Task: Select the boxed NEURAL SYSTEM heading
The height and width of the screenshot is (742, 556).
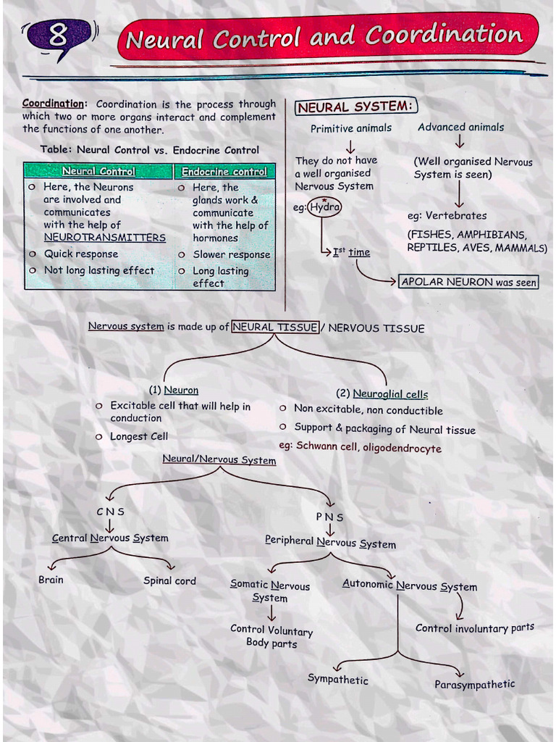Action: click(x=355, y=107)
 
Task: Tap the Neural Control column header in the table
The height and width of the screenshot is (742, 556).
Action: click(x=98, y=172)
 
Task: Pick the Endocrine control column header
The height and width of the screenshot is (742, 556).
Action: click(x=224, y=172)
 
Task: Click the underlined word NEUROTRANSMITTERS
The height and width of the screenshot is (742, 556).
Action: click(x=104, y=238)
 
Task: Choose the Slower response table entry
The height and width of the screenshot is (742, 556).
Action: click(x=231, y=254)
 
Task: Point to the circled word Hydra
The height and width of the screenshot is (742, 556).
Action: click(x=325, y=207)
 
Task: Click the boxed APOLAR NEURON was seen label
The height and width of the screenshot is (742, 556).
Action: click(x=469, y=282)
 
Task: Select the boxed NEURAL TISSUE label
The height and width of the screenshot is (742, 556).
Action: click(x=275, y=328)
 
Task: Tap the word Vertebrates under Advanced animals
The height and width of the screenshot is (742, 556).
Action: click(x=456, y=215)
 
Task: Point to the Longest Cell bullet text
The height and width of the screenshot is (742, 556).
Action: click(x=139, y=436)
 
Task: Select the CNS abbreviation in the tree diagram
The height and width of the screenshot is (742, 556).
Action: click(x=110, y=512)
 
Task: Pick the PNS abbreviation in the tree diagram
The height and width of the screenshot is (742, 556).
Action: click(x=329, y=517)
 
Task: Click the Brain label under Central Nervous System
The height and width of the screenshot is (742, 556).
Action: click(x=51, y=580)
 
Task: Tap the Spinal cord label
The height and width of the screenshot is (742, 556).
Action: click(x=169, y=580)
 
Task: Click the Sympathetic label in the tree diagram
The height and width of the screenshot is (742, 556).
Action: click(x=337, y=680)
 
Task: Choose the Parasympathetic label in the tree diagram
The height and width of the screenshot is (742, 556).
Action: click(x=474, y=684)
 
